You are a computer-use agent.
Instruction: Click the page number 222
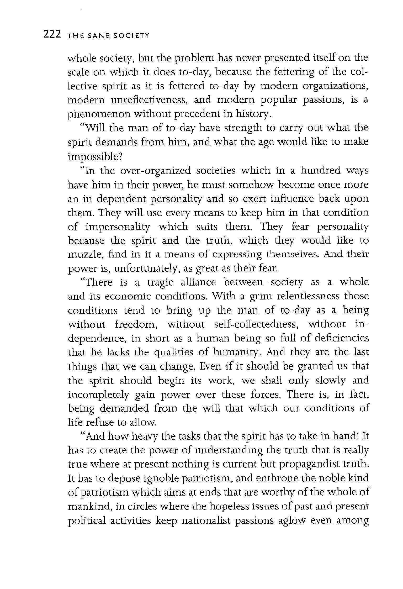coord(52,34)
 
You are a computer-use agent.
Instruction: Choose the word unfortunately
coord(147,269)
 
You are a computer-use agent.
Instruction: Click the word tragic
coord(160,282)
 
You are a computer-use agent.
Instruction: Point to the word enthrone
coord(276,478)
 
